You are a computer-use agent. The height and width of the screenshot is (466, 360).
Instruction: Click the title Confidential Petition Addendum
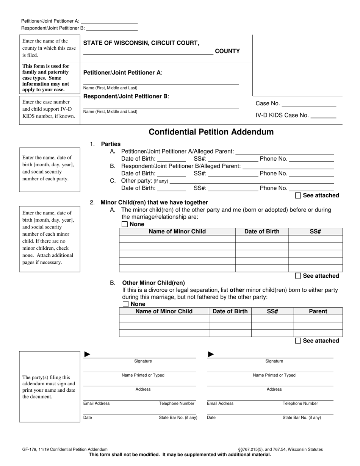[x=211, y=132]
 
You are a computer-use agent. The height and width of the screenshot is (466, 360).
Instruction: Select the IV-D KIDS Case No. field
[x=323, y=116]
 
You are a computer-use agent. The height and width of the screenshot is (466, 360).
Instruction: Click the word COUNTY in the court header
[x=227, y=51]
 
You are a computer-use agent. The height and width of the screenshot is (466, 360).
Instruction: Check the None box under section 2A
[x=125, y=224]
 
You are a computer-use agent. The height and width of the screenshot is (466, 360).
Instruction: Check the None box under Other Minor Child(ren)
[x=126, y=304]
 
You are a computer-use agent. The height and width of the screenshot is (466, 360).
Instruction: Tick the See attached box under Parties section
[x=298, y=195]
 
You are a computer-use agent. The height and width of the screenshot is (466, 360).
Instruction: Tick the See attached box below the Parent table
[x=298, y=341]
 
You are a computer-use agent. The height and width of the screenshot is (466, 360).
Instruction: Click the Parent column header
[x=318, y=311]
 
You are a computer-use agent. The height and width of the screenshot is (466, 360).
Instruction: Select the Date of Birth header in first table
[x=262, y=231]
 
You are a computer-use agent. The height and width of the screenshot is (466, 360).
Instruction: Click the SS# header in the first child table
[x=315, y=231]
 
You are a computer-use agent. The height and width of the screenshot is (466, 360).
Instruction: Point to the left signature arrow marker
[x=87, y=354]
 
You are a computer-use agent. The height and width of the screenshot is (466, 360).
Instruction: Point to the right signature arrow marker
[x=211, y=354]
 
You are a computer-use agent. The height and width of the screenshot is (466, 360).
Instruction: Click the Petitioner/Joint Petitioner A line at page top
[x=109, y=21]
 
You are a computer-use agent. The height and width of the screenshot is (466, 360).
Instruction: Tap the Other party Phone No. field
[x=311, y=188]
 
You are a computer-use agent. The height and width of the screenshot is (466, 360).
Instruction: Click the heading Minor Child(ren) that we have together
[x=154, y=202]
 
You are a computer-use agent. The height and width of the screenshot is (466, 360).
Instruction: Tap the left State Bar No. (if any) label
[x=178, y=418]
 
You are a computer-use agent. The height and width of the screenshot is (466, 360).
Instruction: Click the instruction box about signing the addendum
[x=50, y=387]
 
